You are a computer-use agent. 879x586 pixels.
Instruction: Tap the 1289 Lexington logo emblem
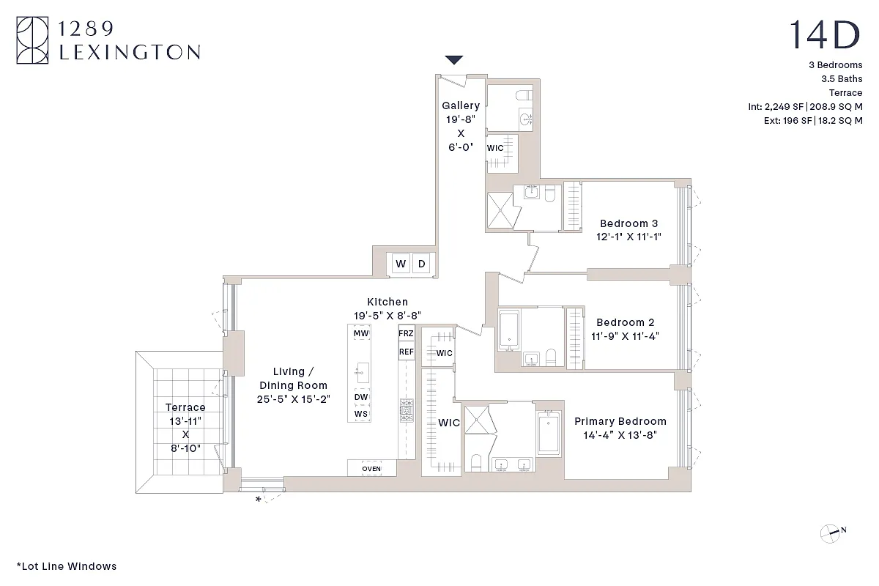point(33,40)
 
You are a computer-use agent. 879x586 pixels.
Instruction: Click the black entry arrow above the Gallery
point(454,60)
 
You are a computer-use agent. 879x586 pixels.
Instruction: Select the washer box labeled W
point(401,264)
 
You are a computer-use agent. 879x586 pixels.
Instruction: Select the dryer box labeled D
point(421,264)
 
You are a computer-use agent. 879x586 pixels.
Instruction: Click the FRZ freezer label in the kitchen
point(406,333)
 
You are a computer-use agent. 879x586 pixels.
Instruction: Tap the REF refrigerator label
point(406,352)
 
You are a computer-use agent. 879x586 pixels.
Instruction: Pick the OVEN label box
point(371,469)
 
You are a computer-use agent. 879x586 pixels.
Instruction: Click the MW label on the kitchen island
point(360,333)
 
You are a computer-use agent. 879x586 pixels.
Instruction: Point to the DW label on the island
point(360,398)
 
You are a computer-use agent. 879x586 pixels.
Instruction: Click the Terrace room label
point(185,407)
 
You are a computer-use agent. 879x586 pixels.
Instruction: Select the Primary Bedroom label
point(620,421)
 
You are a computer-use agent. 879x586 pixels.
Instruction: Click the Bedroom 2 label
point(625,322)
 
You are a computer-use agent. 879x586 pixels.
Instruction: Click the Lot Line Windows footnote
point(66,565)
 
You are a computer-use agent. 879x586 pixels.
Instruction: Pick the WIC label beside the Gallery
point(496,148)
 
